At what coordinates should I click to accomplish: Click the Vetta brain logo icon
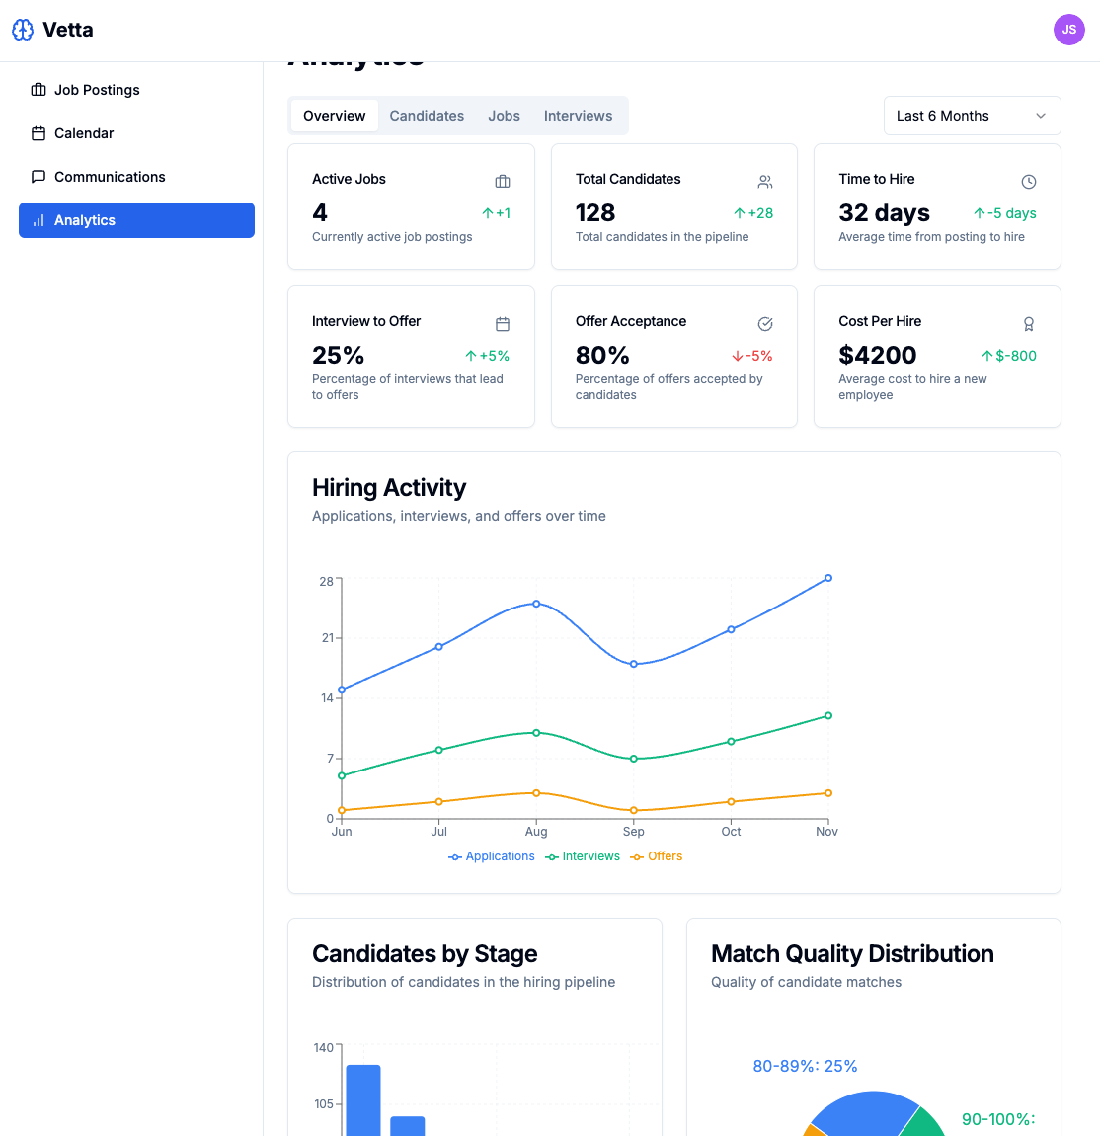click(23, 30)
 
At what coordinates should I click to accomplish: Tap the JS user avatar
click(1068, 30)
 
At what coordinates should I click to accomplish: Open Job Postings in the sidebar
click(97, 90)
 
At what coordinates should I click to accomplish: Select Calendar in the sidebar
click(84, 133)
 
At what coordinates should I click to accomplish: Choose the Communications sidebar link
click(110, 177)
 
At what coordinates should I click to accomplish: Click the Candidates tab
click(427, 116)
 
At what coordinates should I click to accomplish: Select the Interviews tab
click(578, 116)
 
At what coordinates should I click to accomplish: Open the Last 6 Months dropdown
click(972, 116)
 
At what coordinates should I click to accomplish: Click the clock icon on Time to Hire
click(1028, 182)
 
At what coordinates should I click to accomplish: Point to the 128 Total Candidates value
click(595, 213)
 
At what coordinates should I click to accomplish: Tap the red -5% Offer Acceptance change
click(752, 356)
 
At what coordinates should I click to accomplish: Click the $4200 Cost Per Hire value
click(877, 356)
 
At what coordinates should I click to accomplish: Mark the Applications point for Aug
click(536, 604)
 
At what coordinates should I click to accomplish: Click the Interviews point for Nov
click(827, 715)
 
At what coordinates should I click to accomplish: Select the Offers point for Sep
click(634, 810)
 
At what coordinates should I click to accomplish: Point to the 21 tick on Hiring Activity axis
click(327, 638)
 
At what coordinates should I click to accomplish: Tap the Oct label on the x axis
click(731, 832)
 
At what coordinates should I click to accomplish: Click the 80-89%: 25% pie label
click(805, 1067)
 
